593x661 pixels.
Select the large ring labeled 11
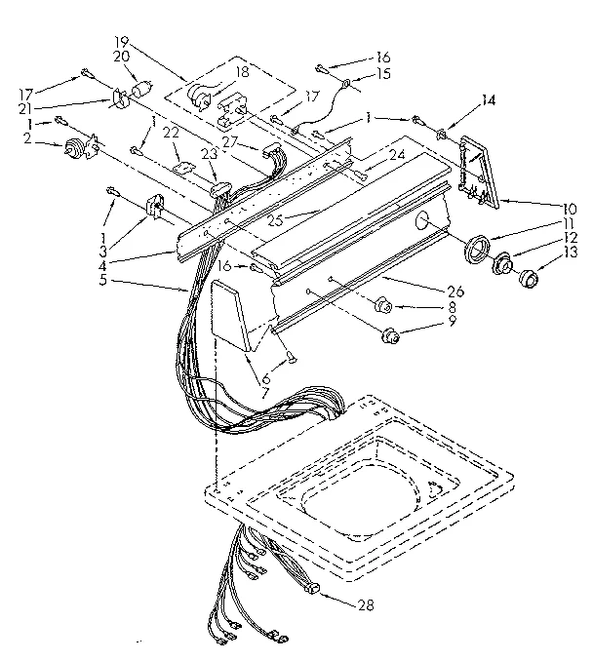coord(478,249)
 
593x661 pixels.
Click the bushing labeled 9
coord(392,337)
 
